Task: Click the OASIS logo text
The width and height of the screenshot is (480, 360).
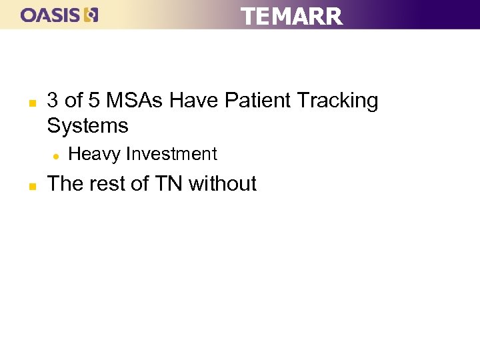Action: (51, 15)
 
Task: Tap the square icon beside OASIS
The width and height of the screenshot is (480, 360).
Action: (93, 15)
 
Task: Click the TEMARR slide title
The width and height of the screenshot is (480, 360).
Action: (291, 16)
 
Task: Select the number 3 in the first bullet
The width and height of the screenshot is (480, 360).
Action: (53, 101)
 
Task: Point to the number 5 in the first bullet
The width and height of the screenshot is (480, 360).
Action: (95, 101)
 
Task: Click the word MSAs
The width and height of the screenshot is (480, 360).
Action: (134, 101)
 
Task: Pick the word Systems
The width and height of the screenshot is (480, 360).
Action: (87, 126)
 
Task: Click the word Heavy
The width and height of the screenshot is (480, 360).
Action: (95, 155)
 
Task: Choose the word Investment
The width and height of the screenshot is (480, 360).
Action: (171, 154)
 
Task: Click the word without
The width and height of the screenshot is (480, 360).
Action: (223, 183)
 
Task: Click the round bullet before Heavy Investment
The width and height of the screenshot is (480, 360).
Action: (56, 156)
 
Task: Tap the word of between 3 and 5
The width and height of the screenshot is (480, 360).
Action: (74, 101)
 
